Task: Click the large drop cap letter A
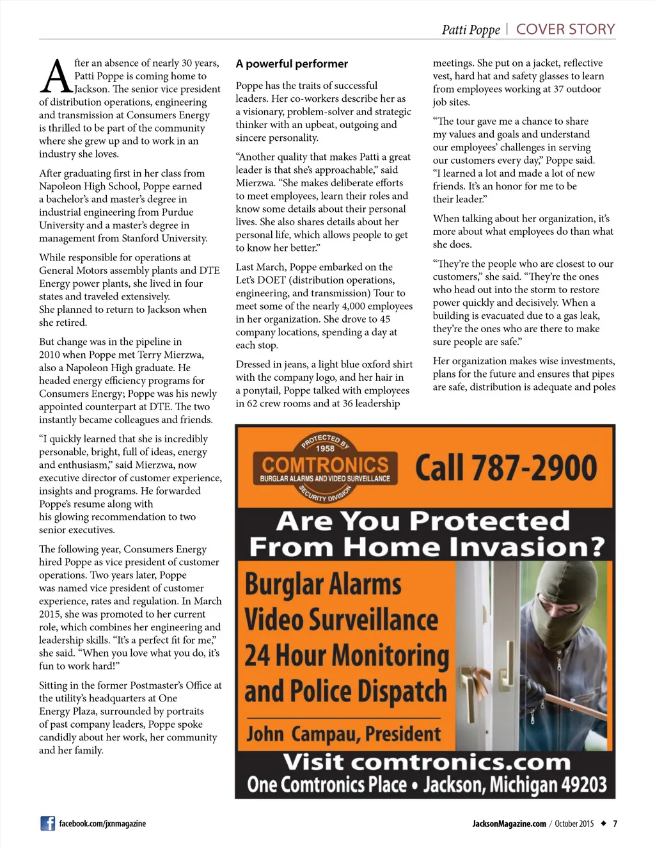click(x=56, y=77)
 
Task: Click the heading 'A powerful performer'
click(x=292, y=64)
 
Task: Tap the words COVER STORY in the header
click(x=565, y=29)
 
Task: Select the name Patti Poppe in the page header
click(x=471, y=30)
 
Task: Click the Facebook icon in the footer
click(x=48, y=824)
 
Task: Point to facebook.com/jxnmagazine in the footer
click(x=102, y=824)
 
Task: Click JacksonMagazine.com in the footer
click(x=509, y=824)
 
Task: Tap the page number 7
click(x=615, y=824)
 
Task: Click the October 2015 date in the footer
click(x=574, y=824)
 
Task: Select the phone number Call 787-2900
click(x=506, y=467)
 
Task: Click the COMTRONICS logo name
click(x=325, y=465)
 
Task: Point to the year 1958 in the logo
click(x=326, y=448)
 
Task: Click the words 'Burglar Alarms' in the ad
click(x=323, y=584)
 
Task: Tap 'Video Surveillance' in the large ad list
click(x=341, y=620)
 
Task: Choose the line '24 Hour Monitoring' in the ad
click(x=347, y=655)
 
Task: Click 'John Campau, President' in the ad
click(x=343, y=734)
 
